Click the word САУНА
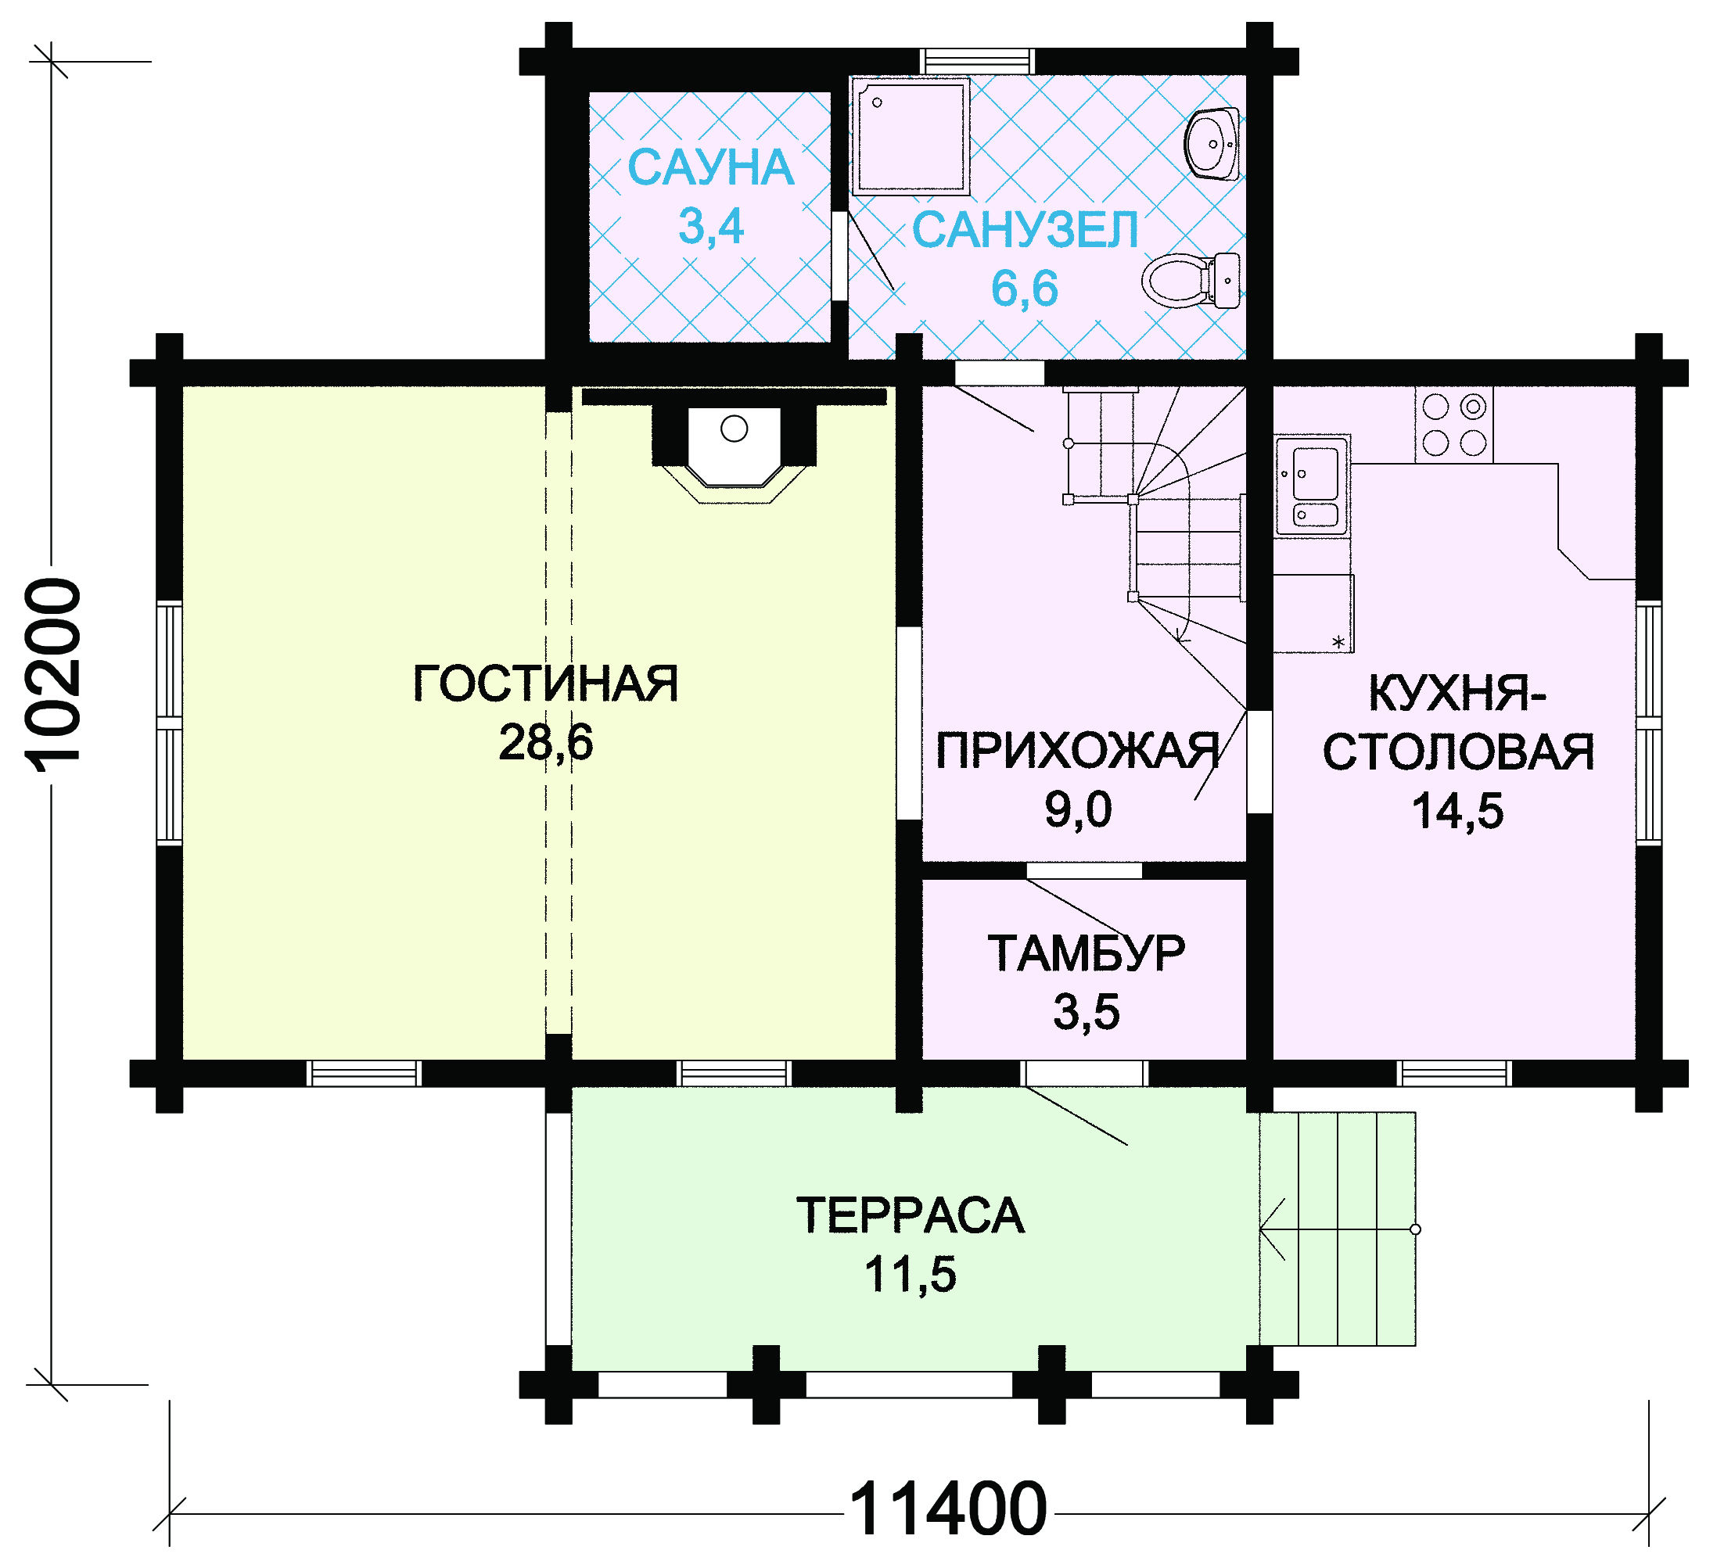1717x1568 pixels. tap(711, 168)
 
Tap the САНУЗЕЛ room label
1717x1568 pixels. tap(1026, 230)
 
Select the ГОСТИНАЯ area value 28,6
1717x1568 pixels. tap(546, 743)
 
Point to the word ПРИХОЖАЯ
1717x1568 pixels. tap(1077, 752)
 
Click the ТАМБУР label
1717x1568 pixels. tap(1086, 953)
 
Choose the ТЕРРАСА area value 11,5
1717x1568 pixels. tap(911, 1275)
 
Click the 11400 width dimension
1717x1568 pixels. tap(948, 1509)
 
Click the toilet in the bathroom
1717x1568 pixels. tap(1191, 280)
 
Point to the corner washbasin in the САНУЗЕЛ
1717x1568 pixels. tap(1212, 144)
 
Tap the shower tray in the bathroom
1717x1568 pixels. tap(911, 136)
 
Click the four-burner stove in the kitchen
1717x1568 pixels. tap(1454, 424)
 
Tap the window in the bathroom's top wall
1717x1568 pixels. tap(979, 61)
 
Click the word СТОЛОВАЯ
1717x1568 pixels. tap(1458, 752)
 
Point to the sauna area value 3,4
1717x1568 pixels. tap(711, 227)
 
